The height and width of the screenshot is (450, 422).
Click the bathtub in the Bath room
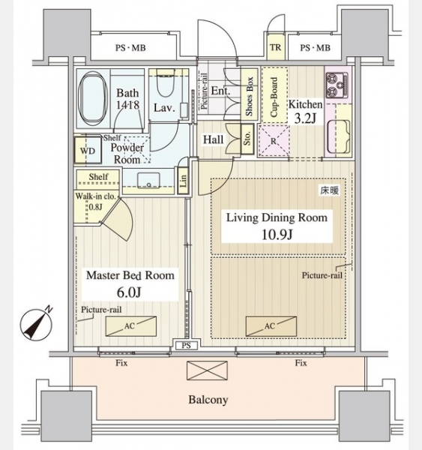[92, 97]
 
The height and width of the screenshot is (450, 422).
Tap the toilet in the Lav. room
[166, 83]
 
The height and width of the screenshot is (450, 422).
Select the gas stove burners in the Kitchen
[337, 85]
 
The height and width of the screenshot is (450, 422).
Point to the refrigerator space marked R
[274, 141]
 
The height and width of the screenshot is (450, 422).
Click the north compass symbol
[37, 324]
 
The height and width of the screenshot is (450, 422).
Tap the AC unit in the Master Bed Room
[131, 326]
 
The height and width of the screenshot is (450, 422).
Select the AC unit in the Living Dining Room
[271, 326]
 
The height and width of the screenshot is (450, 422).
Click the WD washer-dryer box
[88, 151]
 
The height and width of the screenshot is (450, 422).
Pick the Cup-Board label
[274, 97]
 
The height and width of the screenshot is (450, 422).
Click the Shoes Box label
[249, 96]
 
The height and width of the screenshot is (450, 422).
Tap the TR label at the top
[275, 47]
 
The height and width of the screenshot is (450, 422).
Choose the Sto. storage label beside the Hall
[247, 139]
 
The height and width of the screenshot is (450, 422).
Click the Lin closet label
[183, 181]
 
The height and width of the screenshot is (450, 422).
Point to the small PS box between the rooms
[186, 346]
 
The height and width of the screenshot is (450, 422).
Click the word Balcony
[208, 400]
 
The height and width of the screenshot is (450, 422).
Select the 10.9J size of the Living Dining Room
[277, 235]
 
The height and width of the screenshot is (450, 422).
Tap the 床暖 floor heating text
[330, 190]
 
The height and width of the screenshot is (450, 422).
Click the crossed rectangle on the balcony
[207, 370]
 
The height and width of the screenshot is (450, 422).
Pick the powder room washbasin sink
[148, 180]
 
